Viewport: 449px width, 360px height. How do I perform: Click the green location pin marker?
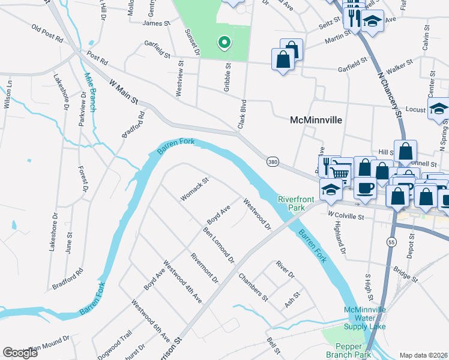point(224,43)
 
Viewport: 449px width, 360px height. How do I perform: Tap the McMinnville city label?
point(316,120)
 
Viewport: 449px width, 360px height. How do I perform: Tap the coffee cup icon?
point(365,187)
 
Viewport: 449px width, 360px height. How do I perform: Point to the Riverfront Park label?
point(292,203)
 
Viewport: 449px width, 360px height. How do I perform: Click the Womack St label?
point(194,189)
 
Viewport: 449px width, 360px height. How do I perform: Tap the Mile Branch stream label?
point(89,92)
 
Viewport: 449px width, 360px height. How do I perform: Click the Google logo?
point(20,352)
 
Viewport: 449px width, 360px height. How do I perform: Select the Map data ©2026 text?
point(424,355)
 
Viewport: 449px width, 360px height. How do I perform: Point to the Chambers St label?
point(253,286)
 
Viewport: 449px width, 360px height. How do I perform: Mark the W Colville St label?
point(347,214)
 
